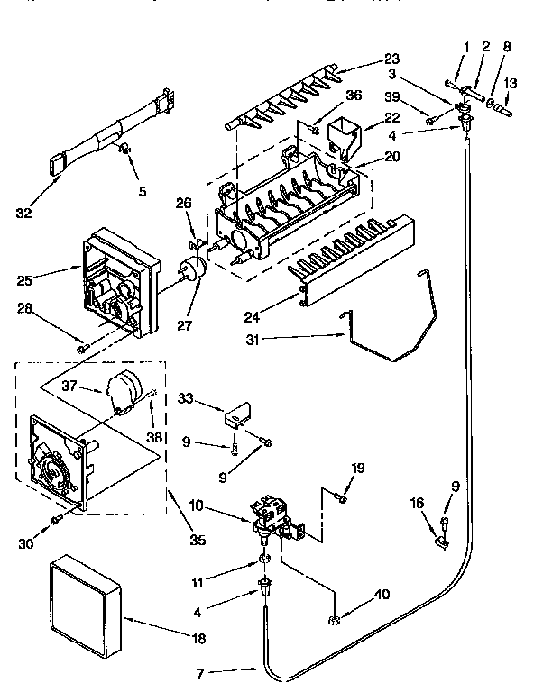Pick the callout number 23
368,62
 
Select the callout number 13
511,83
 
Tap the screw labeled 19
342,496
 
